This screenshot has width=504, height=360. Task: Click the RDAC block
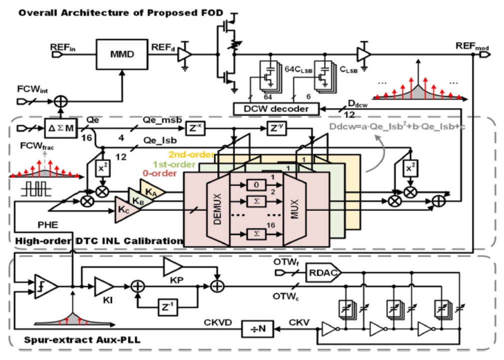point(323,272)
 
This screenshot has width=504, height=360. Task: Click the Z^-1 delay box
point(168,307)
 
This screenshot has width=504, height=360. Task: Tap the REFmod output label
point(472,46)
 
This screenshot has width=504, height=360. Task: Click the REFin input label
point(62,47)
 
